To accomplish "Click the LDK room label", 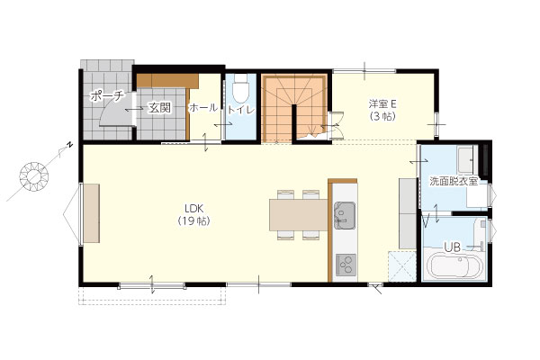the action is [x=194, y=209].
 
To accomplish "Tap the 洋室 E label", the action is [x=383, y=103].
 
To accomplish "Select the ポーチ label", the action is [x=106, y=96].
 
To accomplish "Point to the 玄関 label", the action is [x=159, y=108].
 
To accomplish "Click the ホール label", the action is [x=203, y=108].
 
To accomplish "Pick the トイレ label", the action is [x=240, y=110].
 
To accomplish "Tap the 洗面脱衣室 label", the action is [x=454, y=182].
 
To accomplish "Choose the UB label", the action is [x=452, y=247].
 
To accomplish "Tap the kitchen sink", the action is [x=345, y=216].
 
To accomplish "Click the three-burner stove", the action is [x=346, y=265].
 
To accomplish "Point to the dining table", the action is [x=299, y=214].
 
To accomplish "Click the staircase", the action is [x=294, y=107].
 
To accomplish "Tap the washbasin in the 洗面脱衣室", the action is [x=466, y=159].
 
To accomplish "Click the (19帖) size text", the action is [x=194, y=221].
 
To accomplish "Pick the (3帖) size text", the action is [x=383, y=116].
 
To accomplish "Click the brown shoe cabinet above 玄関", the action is [x=167, y=81].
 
